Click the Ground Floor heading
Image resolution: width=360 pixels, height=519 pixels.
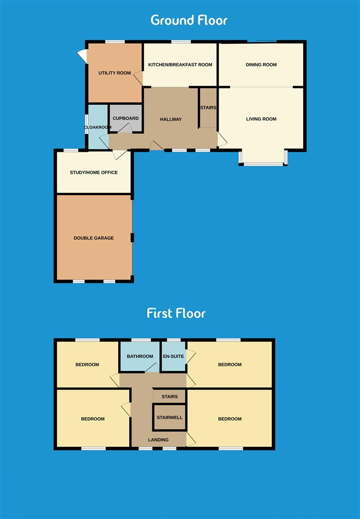click(189, 20)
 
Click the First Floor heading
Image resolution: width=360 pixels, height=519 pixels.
click(176, 313)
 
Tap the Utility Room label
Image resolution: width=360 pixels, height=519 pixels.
click(114, 73)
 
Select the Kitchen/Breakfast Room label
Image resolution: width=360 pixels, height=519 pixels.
click(180, 65)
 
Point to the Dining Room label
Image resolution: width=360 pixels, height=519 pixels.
click(261, 65)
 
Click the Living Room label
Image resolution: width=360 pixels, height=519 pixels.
click(261, 119)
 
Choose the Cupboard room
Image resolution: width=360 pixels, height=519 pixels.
click(125, 119)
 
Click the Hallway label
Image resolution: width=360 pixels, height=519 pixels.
click(171, 119)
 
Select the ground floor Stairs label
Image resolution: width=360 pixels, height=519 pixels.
click(208, 108)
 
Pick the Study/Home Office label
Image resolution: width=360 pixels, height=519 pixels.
click(94, 173)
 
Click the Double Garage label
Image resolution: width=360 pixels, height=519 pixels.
click(94, 238)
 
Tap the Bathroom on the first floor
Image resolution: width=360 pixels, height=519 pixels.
click(140, 357)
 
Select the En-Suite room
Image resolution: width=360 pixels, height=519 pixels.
click(174, 357)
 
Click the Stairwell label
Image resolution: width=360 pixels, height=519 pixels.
click(169, 418)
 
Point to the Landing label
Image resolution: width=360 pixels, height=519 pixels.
click(158, 440)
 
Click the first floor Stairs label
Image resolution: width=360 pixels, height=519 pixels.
click(170, 397)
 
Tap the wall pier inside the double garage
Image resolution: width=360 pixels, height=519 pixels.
click(132, 237)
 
